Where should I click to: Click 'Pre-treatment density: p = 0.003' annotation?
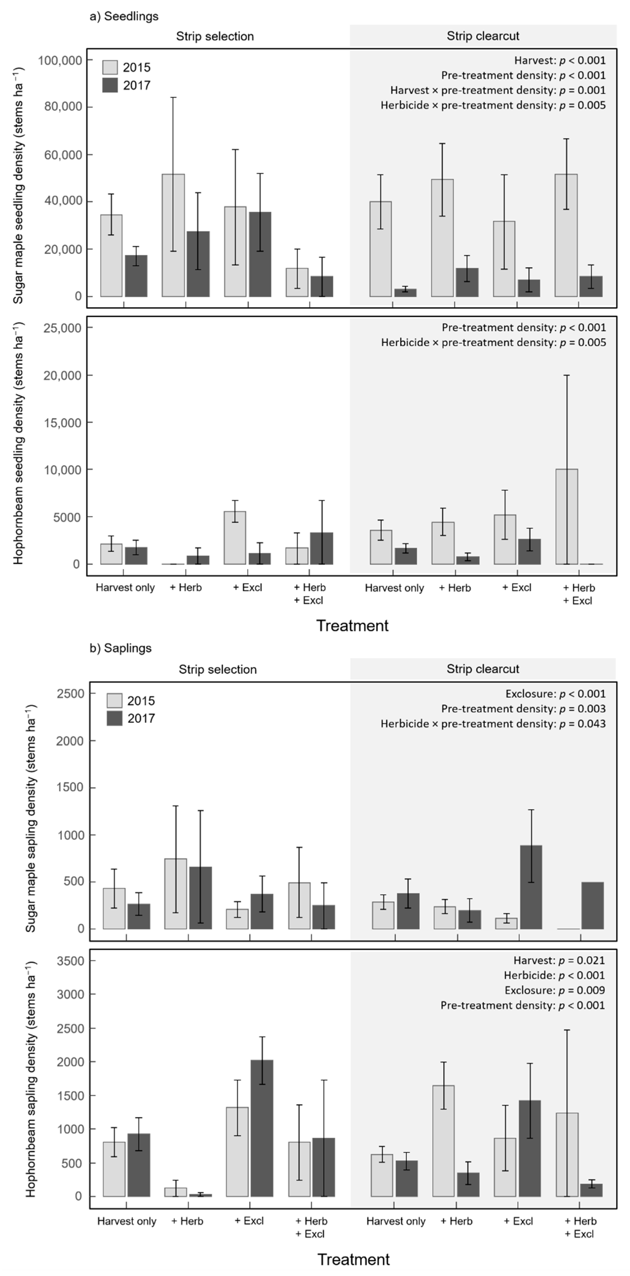(523, 709)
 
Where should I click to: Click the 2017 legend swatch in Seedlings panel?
(110, 85)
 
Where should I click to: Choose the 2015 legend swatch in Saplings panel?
(114, 701)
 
